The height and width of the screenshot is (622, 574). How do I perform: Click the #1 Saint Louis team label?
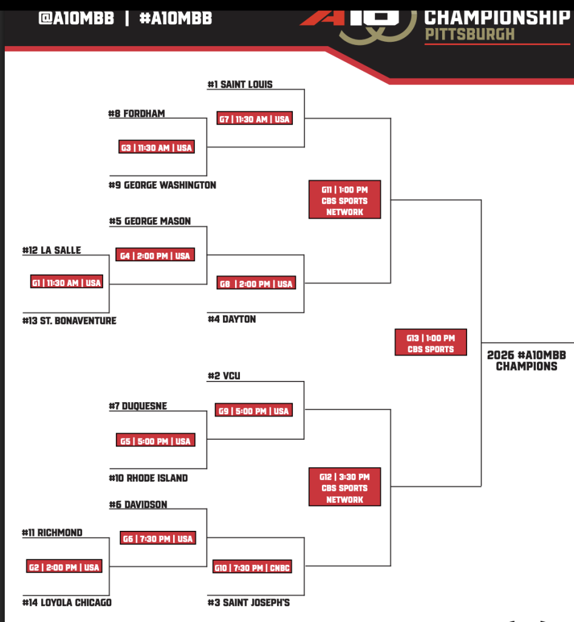pyautogui.click(x=240, y=84)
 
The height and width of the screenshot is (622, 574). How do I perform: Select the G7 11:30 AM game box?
pyautogui.click(x=255, y=119)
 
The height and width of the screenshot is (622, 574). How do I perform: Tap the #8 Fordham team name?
pyautogui.click(x=137, y=114)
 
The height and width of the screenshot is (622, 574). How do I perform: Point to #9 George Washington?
pyautogui.click(x=163, y=185)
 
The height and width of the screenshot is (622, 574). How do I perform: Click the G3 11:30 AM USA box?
pyautogui.click(x=157, y=148)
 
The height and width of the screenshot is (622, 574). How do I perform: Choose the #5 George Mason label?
pyautogui.click(x=150, y=221)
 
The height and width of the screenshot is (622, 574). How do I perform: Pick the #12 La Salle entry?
pyautogui.click(x=52, y=250)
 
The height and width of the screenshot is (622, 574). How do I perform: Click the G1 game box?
pyautogui.click(x=67, y=282)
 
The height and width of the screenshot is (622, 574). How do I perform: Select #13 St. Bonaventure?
pyautogui.click(x=69, y=320)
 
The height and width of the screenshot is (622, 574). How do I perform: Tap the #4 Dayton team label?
pyautogui.click(x=232, y=319)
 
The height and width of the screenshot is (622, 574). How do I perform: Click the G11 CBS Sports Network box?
pyautogui.click(x=344, y=200)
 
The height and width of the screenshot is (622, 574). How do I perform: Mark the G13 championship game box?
pyautogui.click(x=431, y=343)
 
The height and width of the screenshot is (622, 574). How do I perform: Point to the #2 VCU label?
pyautogui.click(x=224, y=376)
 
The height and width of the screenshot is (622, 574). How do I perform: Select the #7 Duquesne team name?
pyautogui.click(x=138, y=406)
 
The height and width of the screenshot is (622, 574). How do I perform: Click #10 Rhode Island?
pyautogui.click(x=149, y=478)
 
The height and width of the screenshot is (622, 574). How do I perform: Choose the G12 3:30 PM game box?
pyautogui.click(x=344, y=488)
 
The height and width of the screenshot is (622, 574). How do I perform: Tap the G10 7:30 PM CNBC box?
pyautogui.click(x=251, y=568)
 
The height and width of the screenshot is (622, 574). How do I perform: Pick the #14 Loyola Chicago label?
pyautogui.click(x=67, y=603)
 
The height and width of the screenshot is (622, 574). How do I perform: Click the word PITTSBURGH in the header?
pyautogui.click(x=470, y=34)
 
